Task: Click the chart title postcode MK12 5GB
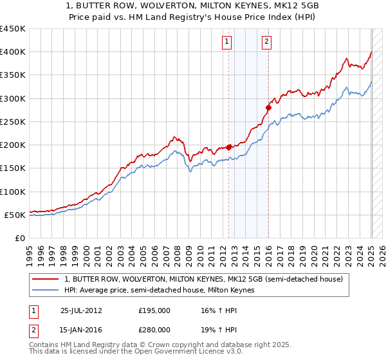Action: click(293, 5)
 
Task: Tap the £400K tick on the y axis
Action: click(13, 52)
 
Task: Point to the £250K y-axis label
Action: click(13, 122)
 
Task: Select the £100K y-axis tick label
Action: click(13, 192)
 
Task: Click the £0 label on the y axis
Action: click(20, 239)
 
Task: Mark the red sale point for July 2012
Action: click(229, 147)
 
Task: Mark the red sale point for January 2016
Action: click(269, 108)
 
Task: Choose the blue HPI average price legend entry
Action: click(160, 290)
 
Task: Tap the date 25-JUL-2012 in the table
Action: click(81, 310)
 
